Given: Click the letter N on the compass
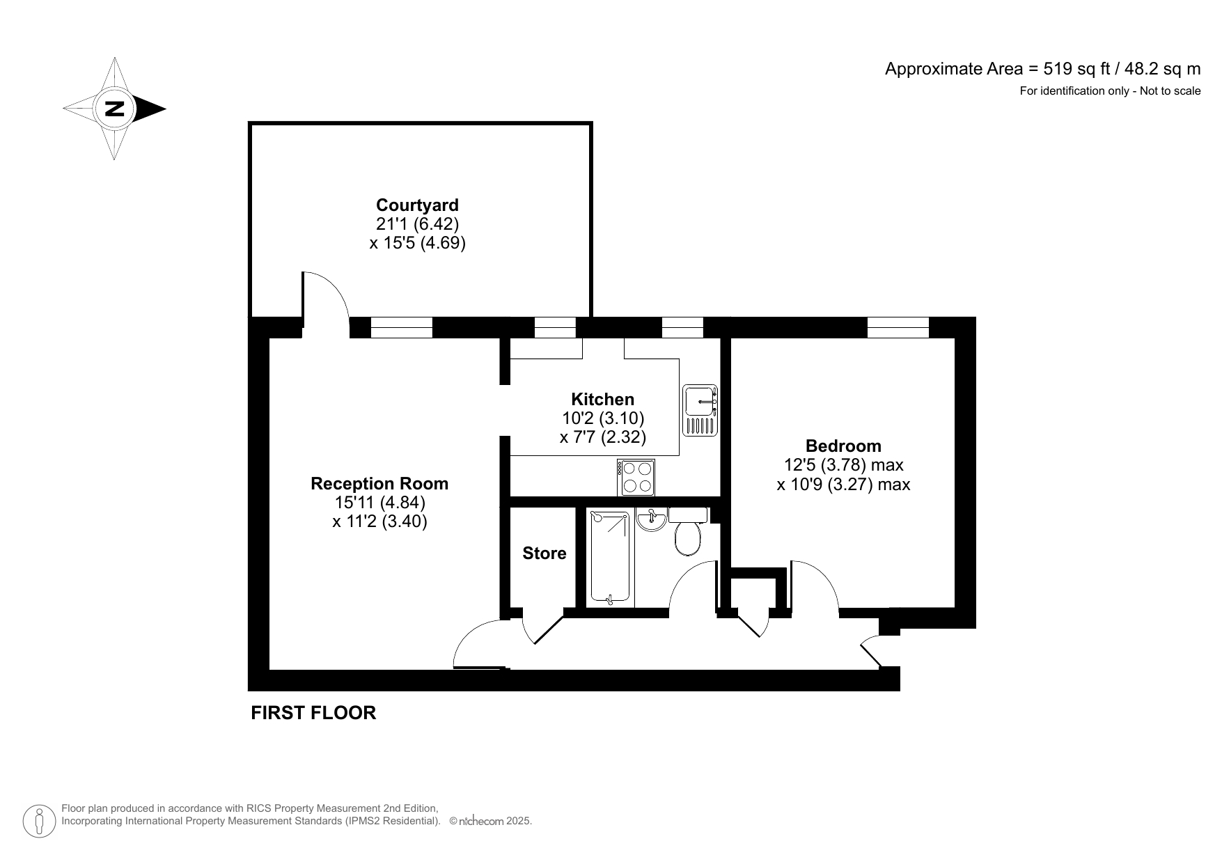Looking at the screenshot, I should tap(114, 109).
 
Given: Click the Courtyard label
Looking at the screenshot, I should tap(417, 205).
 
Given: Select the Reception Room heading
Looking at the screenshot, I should tap(379, 484).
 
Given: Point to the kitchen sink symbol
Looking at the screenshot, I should tap(700, 410).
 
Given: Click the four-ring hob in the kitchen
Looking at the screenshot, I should tap(636, 477).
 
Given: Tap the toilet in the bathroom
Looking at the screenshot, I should tap(688, 538).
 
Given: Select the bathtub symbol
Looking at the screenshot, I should tap(610, 557).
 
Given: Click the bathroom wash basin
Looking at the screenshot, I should tap(652, 520).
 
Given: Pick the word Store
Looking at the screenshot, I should tap(545, 553).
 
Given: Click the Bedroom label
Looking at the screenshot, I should tap(843, 446).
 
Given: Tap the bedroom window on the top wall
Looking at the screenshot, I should tap(898, 327).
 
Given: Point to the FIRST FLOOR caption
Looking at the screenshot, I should tap(313, 713).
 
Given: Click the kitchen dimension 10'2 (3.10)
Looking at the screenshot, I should tap(603, 418).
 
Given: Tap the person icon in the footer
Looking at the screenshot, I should tap(39, 821).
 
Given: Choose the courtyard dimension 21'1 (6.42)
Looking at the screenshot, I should tap(417, 224).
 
